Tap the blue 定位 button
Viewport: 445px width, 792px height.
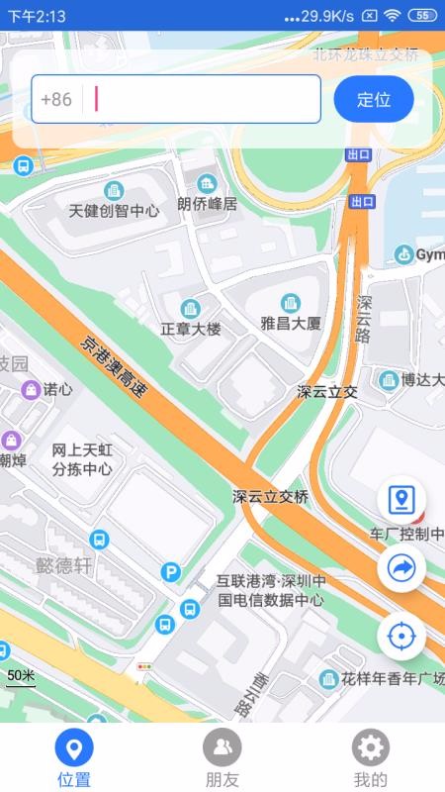pos(373,99)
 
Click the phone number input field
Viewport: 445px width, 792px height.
pos(203,99)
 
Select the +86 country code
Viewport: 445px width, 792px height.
pos(56,99)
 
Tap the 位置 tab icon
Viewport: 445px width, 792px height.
pos(74,747)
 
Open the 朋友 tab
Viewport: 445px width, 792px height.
pos(222,747)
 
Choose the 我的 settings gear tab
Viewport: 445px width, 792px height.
pos(371,747)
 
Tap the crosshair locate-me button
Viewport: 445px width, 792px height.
pos(401,635)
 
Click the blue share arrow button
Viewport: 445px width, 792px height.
pos(401,567)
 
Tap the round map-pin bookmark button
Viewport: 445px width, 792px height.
pos(401,501)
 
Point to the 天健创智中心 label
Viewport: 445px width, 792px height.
pos(114,210)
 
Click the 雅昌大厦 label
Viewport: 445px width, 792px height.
pos(291,323)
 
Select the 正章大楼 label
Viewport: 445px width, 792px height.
pos(191,328)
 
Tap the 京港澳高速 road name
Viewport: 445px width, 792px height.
pos(113,367)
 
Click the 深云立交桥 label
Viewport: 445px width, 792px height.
pos(271,495)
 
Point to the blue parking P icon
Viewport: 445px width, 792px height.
pos(171,572)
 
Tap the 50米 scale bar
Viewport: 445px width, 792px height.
pos(21,677)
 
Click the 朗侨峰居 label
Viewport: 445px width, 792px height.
pos(208,204)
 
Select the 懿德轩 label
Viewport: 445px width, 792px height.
pos(63,565)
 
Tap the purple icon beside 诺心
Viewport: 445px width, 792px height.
pos(32,389)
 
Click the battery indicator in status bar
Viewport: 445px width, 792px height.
pos(422,15)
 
